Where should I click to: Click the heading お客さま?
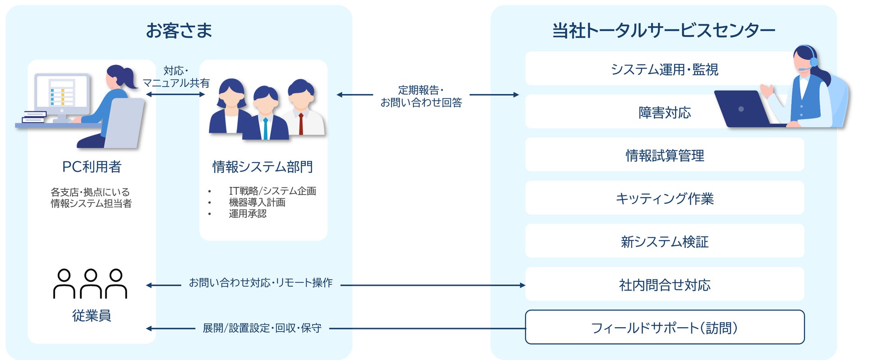pos(179,31)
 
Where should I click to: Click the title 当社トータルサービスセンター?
pos(663,31)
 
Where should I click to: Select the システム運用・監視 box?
pos(664,69)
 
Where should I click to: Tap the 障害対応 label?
pos(664,112)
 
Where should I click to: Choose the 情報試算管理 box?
pos(664,155)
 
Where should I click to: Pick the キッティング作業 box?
pos(664,198)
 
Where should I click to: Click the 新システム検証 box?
pos(664,242)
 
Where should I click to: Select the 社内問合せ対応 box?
pos(664,285)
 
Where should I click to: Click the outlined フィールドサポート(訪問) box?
pos(664,328)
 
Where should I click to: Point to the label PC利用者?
pos(92,167)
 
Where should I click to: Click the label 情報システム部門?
pos(262,167)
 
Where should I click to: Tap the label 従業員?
pos(91,315)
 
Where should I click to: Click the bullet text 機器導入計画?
pos(257,202)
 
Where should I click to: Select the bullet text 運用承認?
pos(247,214)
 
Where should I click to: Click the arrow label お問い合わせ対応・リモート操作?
pos(261,283)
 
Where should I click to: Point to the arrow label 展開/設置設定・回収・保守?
pos(262,328)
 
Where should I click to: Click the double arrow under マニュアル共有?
pos(176,94)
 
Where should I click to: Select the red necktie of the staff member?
pos(301,124)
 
